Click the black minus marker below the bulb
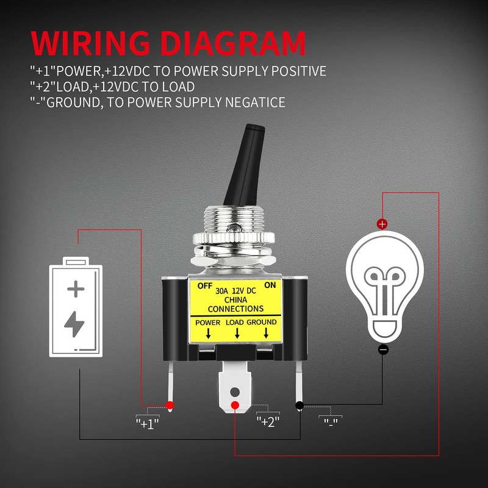383,350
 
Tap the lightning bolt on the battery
75,325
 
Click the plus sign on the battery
76,287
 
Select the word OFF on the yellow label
204,285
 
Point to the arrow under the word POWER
208,333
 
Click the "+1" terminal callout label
147,422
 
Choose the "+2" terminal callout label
268,421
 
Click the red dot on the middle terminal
235,406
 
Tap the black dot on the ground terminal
300,405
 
